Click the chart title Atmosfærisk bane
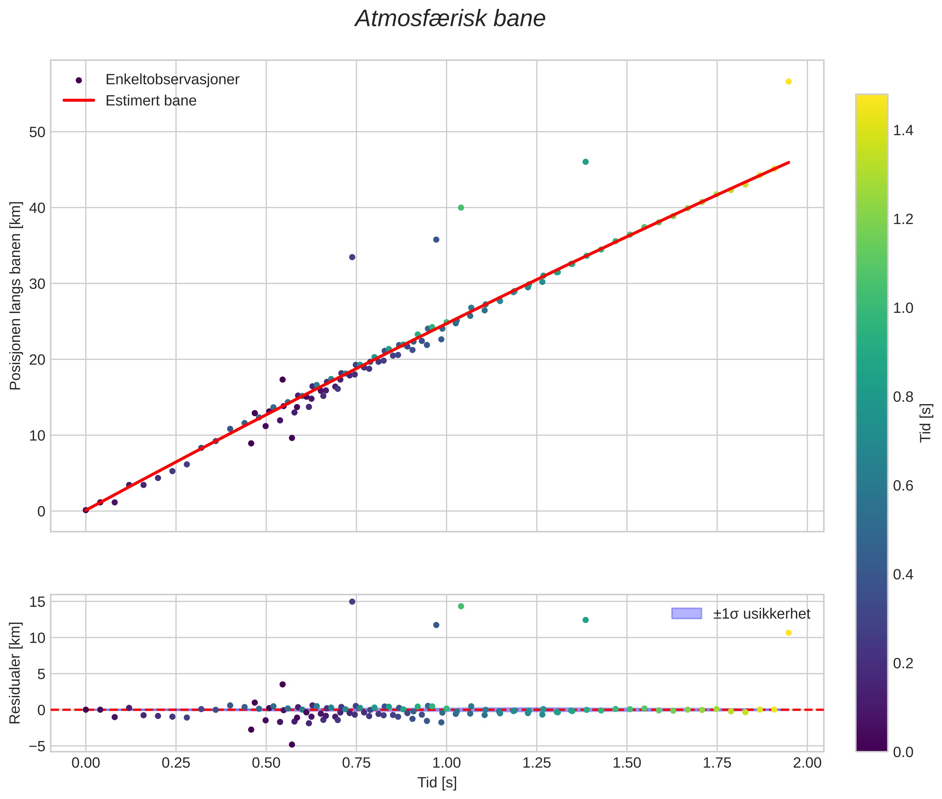(x=450, y=19)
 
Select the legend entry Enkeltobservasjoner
(x=172, y=79)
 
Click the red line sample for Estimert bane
(x=79, y=100)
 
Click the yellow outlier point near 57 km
(x=788, y=81)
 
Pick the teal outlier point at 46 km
(x=585, y=162)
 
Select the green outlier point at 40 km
(x=461, y=207)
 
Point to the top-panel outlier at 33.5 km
(x=352, y=257)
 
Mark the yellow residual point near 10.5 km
(x=788, y=633)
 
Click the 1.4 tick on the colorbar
(x=903, y=131)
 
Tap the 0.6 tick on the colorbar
(x=903, y=486)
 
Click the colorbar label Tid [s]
(x=926, y=423)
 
